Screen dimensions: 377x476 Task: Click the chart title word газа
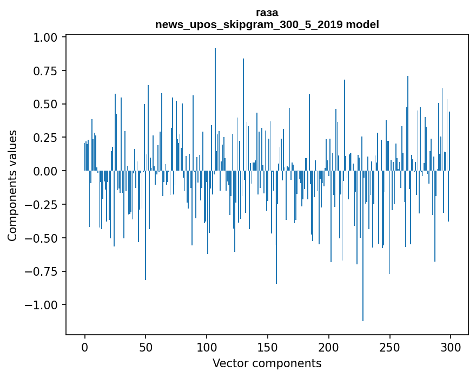pos(267,13)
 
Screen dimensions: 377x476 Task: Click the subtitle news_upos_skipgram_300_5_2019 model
pos(267,24)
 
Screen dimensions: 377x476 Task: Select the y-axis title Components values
pos(12,185)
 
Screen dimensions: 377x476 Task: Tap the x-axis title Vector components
pos(267,363)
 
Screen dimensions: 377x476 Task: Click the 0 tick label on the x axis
pos(84,347)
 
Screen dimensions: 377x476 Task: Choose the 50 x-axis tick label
pos(146,347)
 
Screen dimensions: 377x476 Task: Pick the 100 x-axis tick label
pos(207,347)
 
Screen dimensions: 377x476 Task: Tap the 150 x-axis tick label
pos(267,347)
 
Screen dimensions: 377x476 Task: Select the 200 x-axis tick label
pos(328,347)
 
